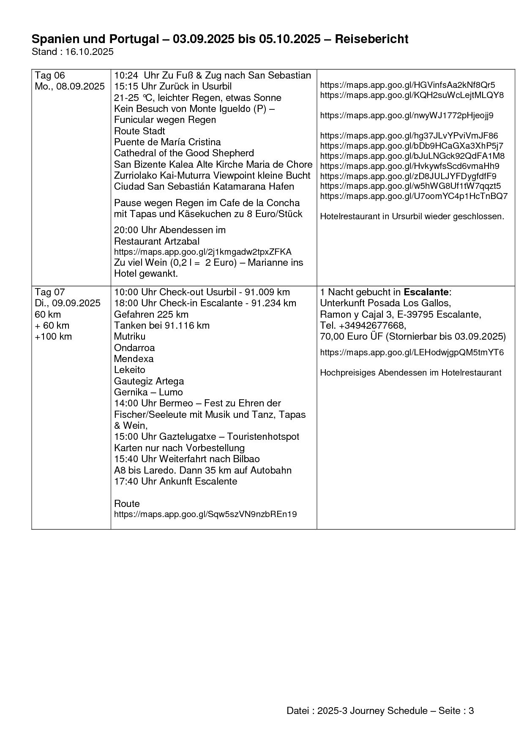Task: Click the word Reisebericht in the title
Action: (x=371, y=39)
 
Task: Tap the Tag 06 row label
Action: (x=50, y=76)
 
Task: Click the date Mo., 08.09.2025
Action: (x=70, y=87)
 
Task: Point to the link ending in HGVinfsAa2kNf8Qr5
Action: (x=407, y=85)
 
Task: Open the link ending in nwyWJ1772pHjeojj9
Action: (x=407, y=115)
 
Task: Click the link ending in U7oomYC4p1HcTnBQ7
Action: (x=414, y=196)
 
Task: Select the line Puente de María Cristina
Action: (x=167, y=142)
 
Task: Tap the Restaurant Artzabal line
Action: (x=157, y=241)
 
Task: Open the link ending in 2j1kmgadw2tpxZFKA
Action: (x=202, y=252)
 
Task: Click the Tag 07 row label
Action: (x=50, y=292)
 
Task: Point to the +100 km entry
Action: (x=53, y=337)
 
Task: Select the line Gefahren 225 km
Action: (x=151, y=314)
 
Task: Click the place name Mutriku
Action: (x=130, y=337)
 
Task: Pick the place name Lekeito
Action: (x=130, y=370)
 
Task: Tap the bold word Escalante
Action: (x=426, y=292)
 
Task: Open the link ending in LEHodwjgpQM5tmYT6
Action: (x=412, y=352)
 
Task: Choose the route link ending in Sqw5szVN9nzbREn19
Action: (x=205, y=515)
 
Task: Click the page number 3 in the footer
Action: (x=471, y=711)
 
